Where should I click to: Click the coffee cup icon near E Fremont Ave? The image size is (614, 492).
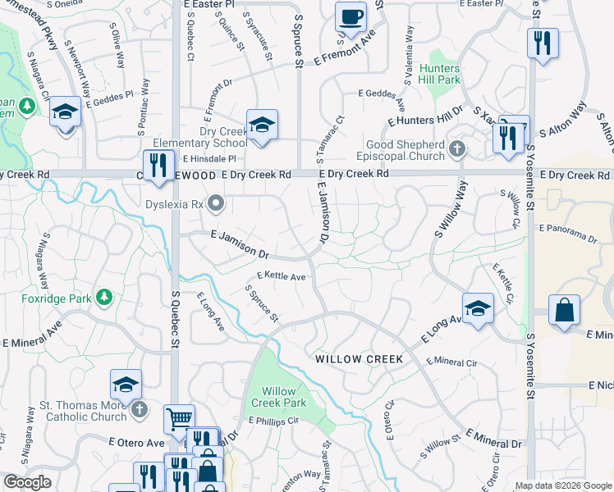pyautogui.click(x=351, y=16)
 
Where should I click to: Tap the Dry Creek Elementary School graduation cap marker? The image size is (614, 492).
pyautogui.click(x=262, y=125)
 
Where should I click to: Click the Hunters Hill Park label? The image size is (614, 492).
pyautogui.click(x=439, y=74)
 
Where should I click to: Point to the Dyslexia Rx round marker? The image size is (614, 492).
pyautogui.click(x=216, y=202)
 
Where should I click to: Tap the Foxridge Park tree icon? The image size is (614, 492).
pyautogui.click(x=104, y=296)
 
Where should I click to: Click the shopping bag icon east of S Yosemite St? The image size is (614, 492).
pyautogui.click(x=565, y=311)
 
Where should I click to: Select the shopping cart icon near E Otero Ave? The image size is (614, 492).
pyautogui.click(x=178, y=419)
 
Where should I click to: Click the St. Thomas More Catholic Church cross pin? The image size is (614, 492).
pyautogui.click(x=140, y=408)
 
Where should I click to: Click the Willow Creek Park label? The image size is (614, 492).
pyautogui.click(x=277, y=397)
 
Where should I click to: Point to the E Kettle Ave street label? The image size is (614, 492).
pyautogui.click(x=282, y=277)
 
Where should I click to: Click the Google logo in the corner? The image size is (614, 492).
pyautogui.click(x=27, y=482)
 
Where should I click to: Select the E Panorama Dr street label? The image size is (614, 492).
pyautogui.click(x=568, y=233)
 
